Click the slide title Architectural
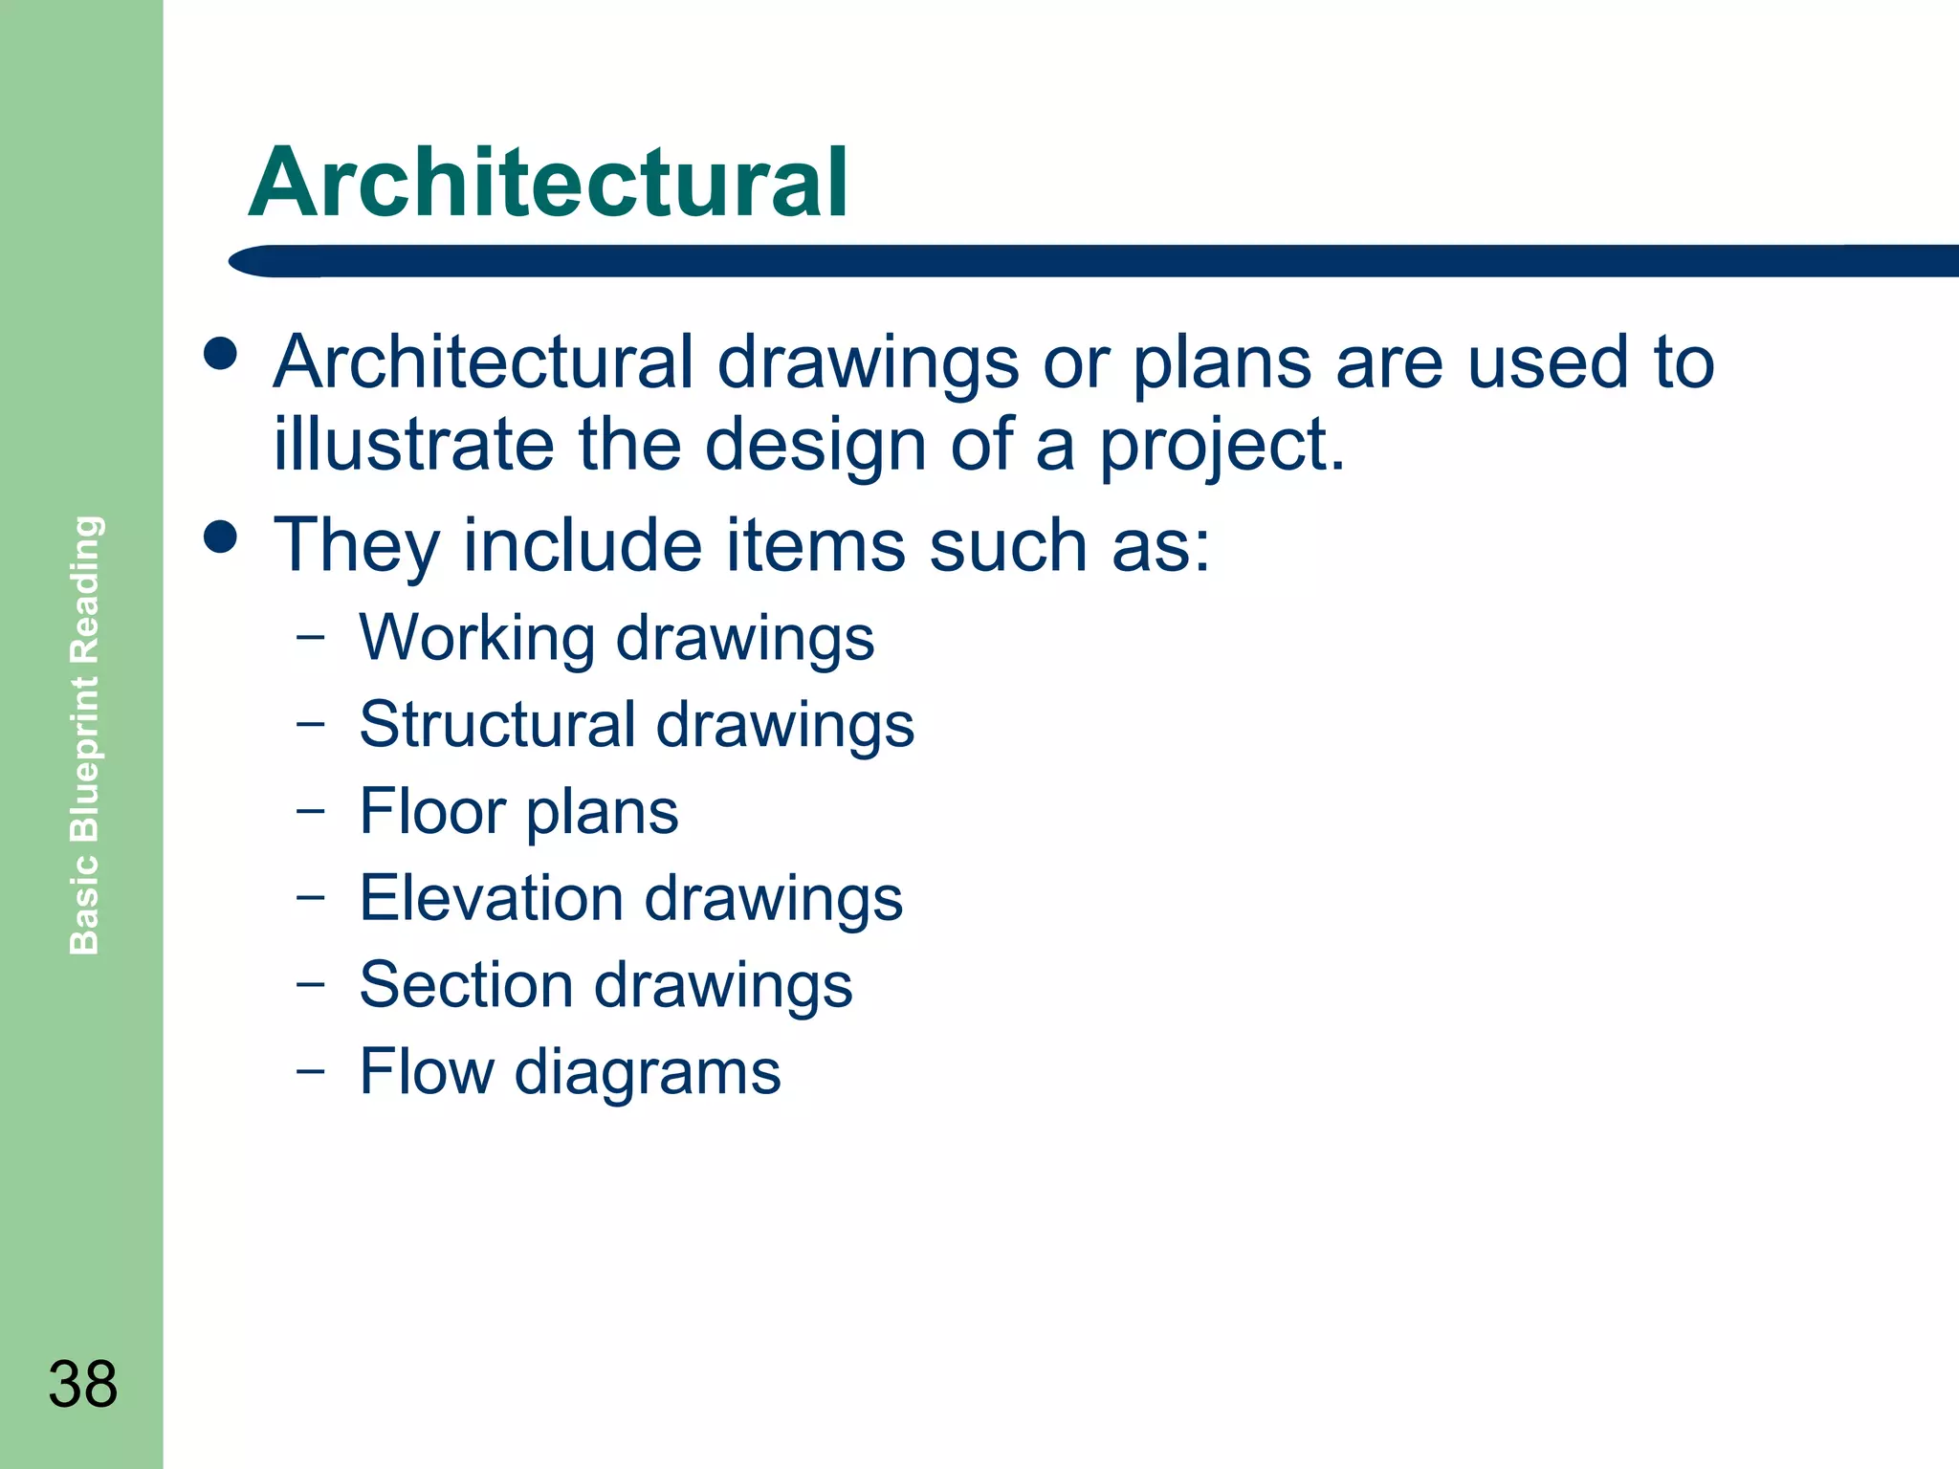[x=547, y=184]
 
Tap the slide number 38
[x=82, y=1384]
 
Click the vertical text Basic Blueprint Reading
[x=85, y=734]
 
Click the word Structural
[x=496, y=724]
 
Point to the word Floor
[x=431, y=811]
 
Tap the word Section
[x=466, y=984]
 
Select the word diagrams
[x=648, y=1073]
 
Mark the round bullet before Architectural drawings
[x=220, y=354]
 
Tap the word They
[x=357, y=545]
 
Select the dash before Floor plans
[x=310, y=811]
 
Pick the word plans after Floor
[x=602, y=813]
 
